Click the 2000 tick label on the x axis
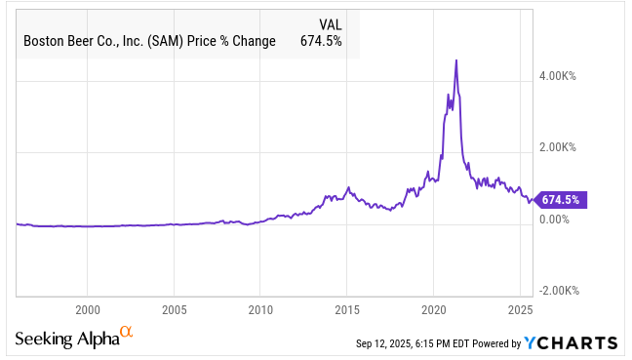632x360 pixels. (87, 308)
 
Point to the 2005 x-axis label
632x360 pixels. (174, 308)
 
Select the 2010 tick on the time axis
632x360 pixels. (260, 308)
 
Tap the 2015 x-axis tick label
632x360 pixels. (347, 308)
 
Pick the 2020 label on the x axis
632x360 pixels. (433, 308)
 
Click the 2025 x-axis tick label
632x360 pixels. (520, 308)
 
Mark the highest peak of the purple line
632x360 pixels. (456, 60)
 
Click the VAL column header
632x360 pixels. (332, 23)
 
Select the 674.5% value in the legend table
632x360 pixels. (324, 40)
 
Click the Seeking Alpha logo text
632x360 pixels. (66, 339)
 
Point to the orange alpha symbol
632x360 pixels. (125, 334)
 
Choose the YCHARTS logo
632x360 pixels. (571, 342)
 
